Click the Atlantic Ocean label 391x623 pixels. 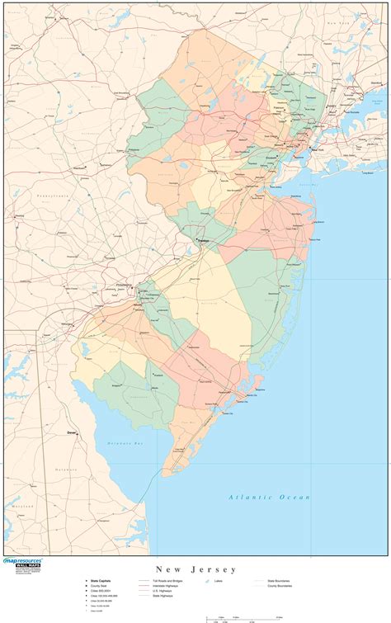click(270, 497)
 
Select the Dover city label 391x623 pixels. click(72, 432)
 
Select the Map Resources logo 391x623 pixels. click(23, 564)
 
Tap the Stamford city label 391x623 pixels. click(377, 83)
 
